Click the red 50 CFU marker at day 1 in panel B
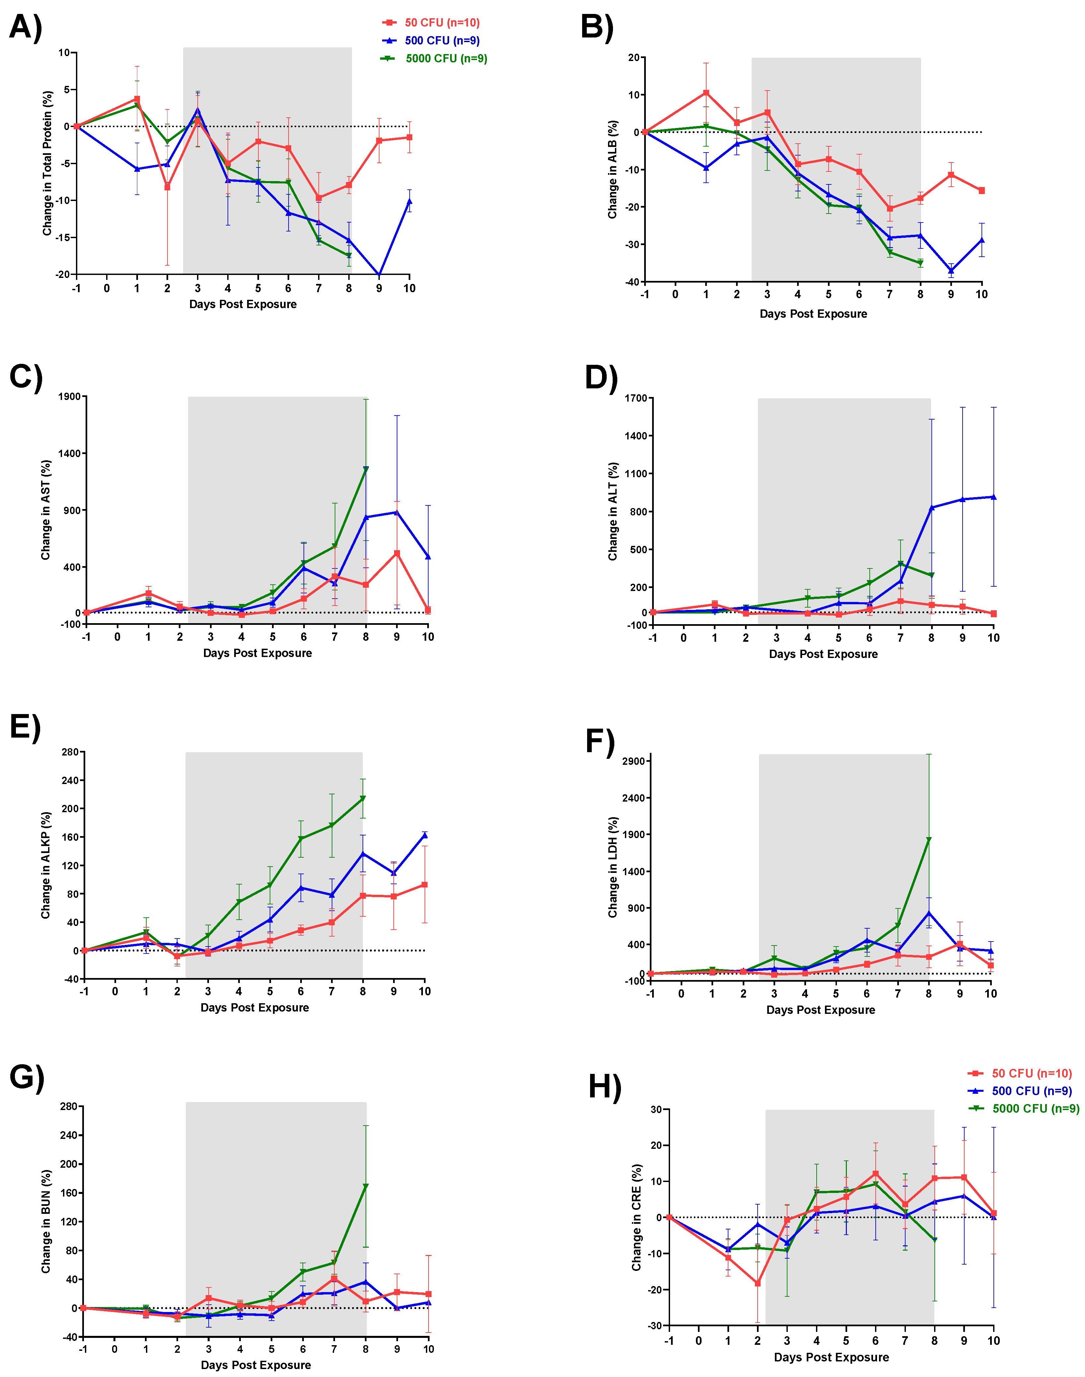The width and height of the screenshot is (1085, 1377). coord(706,93)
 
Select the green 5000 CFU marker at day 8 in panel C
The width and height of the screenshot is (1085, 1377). coord(366,469)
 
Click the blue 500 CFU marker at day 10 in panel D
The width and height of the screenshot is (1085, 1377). coord(993,497)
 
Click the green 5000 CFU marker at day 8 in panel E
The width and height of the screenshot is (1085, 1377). coord(363,798)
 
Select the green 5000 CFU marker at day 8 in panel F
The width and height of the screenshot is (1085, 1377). coord(929,840)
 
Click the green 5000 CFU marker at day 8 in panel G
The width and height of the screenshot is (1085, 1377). coord(365,1186)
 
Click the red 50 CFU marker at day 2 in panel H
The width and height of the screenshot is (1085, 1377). coord(757,1283)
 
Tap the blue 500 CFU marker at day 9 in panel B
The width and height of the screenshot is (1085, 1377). coord(951,271)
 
